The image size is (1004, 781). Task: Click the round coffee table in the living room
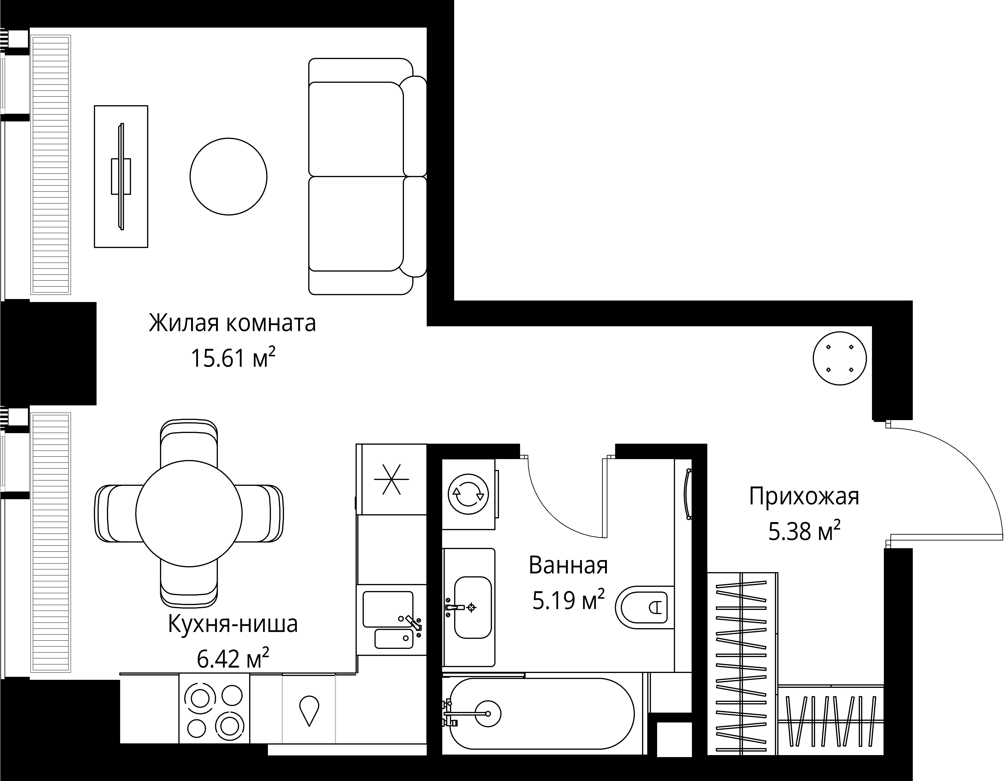point(228,176)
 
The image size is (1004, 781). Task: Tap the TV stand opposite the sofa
point(121,176)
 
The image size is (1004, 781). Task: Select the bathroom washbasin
point(473,607)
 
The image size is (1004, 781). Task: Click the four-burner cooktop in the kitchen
point(214,708)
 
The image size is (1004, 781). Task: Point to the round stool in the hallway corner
point(839,358)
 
